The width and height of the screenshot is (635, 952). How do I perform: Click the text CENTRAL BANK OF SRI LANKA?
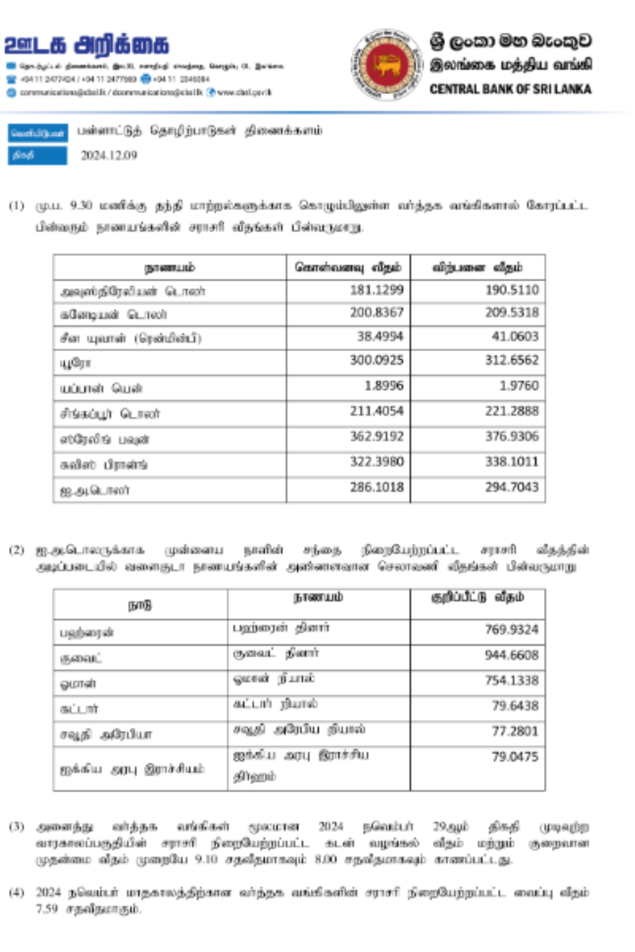[x=510, y=89]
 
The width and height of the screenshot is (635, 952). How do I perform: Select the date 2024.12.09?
[x=109, y=155]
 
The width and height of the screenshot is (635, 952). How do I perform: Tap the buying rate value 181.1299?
[x=377, y=290]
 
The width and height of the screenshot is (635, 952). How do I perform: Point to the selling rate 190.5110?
[x=512, y=290]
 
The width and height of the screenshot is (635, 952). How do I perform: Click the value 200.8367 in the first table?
[x=377, y=312]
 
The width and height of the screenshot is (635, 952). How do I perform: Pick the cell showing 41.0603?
[x=515, y=336]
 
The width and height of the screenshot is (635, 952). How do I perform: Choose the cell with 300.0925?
[x=377, y=360]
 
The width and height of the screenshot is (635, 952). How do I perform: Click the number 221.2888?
[x=512, y=411]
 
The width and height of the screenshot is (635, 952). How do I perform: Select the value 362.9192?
[x=377, y=437]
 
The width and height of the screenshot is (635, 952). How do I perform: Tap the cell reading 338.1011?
[x=512, y=461]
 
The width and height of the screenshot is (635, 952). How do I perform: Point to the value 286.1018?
[x=377, y=487]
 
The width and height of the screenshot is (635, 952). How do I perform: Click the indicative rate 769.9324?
[x=512, y=630]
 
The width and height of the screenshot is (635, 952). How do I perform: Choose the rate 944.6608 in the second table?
[x=512, y=655]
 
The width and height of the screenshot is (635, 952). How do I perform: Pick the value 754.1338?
[x=512, y=680]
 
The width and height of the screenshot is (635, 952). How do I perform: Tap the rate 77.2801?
[x=515, y=731]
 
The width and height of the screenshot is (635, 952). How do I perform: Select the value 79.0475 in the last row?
[x=515, y=757]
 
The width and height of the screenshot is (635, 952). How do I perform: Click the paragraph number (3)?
[x=17, y=826]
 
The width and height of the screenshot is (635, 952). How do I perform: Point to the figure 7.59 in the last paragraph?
[x=46, y=909]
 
